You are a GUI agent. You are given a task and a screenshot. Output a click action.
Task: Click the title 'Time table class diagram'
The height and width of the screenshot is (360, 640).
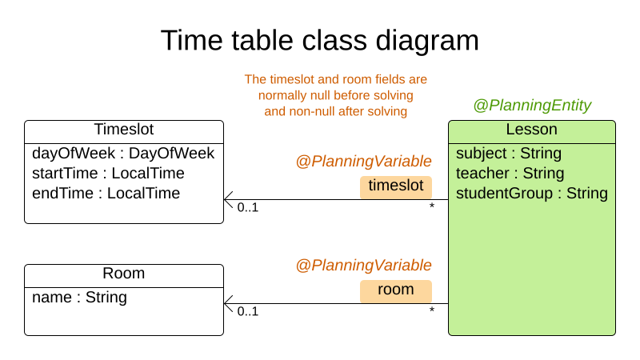pyautogui.click(x=320, y=40)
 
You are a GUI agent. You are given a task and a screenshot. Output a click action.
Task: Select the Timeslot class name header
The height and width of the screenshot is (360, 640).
pyautogui.click(x=124, y=130)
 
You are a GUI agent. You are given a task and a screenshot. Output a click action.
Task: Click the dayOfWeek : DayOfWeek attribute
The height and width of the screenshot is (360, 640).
pyautogui.click(x=123, y=153)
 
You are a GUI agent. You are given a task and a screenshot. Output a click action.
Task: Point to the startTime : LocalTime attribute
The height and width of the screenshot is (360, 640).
pyautogui.click(x=108, y=173)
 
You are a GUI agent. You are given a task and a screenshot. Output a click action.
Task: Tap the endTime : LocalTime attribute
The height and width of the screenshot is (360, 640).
pyautogui.click(x=106, y=193)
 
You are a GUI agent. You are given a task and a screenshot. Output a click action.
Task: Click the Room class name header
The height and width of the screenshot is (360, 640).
pyautogui.click(x=124, y=274)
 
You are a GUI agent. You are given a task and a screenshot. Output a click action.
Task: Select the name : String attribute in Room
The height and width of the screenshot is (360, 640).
pyautogui.click(x=79, y=298)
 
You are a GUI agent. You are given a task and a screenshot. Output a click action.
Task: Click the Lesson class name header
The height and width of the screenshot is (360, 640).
pyautogui.click(x=532, y=130)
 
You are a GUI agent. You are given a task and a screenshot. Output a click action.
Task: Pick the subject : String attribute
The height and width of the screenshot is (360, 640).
pyautogui.click(x=509, y=153)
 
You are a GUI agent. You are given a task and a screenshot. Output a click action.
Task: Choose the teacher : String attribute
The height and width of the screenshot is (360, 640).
pyautogui.click(x=510, y=173)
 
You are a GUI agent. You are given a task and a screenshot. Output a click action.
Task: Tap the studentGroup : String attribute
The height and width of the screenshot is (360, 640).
pyautogui.click(x=532, y=193)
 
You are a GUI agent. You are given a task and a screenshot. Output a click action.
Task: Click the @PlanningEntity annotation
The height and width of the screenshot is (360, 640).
pyautogui.click(x=532, y=105)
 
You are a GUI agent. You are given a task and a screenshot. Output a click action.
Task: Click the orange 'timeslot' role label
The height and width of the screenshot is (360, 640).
pyautogui.click(x=395, y=186)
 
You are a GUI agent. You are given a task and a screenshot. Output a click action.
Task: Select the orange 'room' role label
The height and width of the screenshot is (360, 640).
pyautogui.click(x=395, y=290)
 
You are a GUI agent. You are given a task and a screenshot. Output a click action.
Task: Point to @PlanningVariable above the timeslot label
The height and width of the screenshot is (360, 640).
pyautogui.click(x=364, y=161)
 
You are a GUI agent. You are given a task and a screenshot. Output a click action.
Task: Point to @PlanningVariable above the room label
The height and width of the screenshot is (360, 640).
pyautogui.click(x=364, y=265)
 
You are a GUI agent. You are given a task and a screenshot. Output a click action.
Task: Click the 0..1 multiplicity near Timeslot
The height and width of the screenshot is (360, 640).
pyautogui.click(x=248, y=208)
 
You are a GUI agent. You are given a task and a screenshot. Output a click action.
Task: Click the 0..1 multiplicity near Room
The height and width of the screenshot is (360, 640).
pyautogui.click(x=248, y=311)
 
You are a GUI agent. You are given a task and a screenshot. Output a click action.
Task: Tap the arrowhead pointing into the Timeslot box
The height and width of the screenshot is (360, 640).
pyautogui.click(x=228, y=199)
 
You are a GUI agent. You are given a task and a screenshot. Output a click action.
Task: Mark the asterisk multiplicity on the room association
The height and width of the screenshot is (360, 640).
pyautogui.click(x=432, y=310)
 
